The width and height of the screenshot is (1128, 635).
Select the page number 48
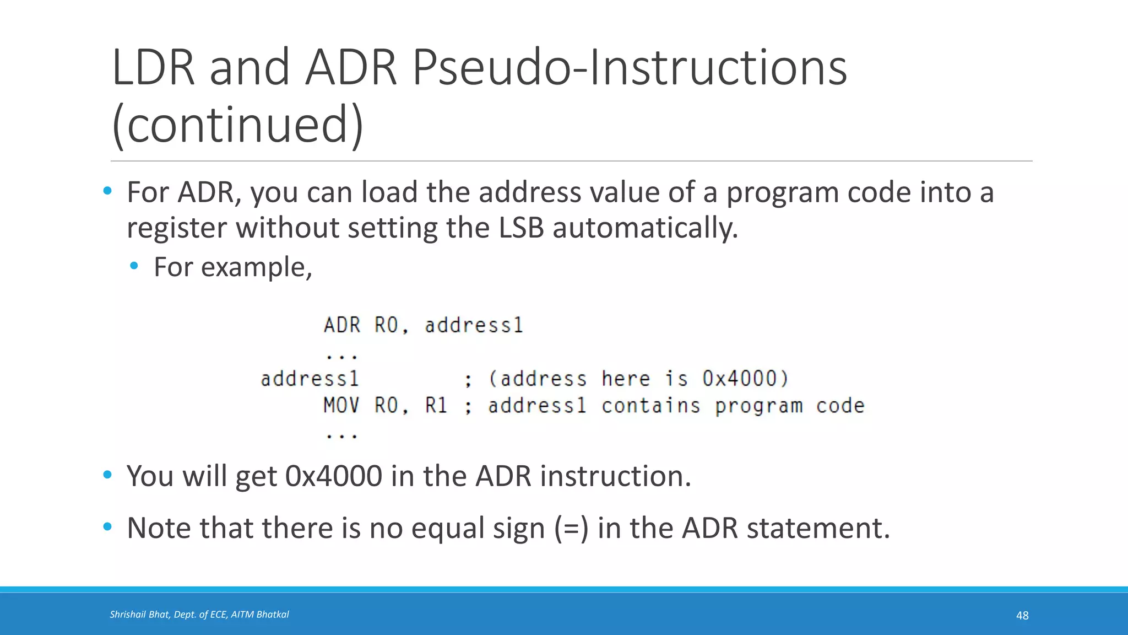click(x=1022, y=615)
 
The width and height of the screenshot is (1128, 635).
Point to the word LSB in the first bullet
click(x=521, y=228)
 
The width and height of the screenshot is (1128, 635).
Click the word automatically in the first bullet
click(x=645, y=228)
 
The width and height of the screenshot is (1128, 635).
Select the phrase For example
click(x=232, y=267)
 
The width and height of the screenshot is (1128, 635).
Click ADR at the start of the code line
click(x=341, y=325)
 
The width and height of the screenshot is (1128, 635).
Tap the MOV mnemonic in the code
click(x=341, y=406)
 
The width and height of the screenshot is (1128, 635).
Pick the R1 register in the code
click(x=436, y=406)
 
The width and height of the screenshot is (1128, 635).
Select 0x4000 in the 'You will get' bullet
click(x=334, y=476)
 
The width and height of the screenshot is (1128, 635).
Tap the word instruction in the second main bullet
click(x=615, y=476)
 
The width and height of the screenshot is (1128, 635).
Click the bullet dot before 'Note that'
click(x=107, y=527)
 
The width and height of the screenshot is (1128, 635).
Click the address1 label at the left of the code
click(x=310, y=379)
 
